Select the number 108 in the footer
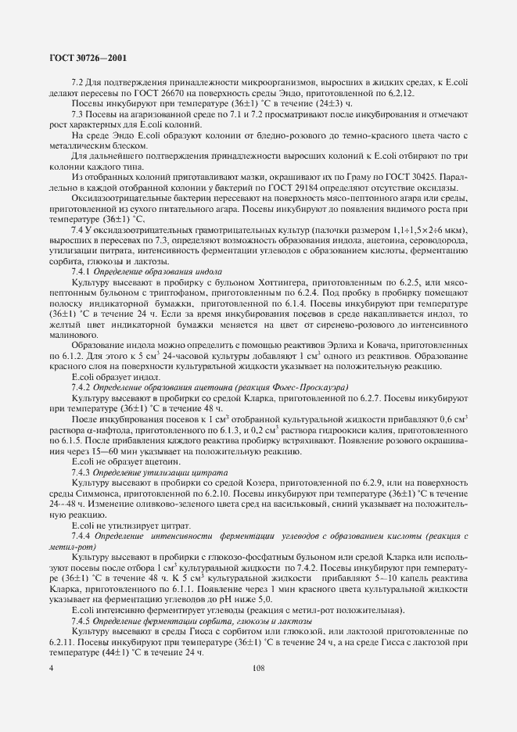(x=259, y=669)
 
